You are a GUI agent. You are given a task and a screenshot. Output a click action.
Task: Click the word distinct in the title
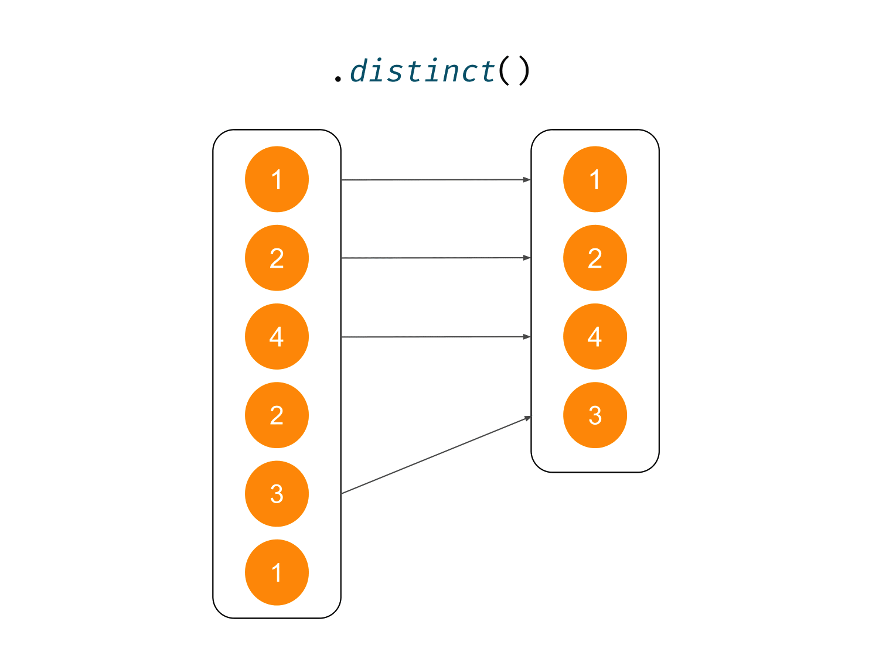pyautogui.click(x=423, y=71)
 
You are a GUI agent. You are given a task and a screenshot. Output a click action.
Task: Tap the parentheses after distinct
pyautogui.click(x=514, y=71)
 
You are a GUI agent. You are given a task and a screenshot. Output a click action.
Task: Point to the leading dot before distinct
pyautogui.click(x=338, y=78)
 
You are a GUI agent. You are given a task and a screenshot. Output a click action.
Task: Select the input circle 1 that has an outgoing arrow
pyautogui.click(x=277, y=179)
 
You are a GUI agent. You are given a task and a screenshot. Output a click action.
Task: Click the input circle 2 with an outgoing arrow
pyautogui.click(x=277, y=258)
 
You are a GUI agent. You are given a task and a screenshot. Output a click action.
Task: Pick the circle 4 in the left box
pyautogui.click(x=277, y=336)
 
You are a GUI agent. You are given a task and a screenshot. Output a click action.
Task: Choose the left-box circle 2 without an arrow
pyautogui.click(x=277, y=415)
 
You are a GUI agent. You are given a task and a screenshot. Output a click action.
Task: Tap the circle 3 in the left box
pyautogui.click(x=277, y=494)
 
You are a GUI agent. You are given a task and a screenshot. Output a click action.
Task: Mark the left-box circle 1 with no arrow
pyautogui.click(x=277, y=572)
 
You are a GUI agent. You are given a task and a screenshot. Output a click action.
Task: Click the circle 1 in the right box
pyautogui.click(x=595, y=179)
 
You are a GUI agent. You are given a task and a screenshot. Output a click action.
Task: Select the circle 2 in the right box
pyautogui.click(x=595, y=258)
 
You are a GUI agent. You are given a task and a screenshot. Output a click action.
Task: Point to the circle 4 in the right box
pyautogui.click(x=595, y=336)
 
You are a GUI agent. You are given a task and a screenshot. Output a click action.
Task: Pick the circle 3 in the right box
pyautogui.click(x=595, y=415)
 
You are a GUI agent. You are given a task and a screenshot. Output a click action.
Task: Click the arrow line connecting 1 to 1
pyautogui.click(x=434, y=180)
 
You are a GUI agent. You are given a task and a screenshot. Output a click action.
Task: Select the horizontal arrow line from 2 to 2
pyautogui.click(x=434, y=258)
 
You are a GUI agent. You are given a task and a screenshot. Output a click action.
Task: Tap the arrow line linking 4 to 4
pyautogui.click(x=434, y=337)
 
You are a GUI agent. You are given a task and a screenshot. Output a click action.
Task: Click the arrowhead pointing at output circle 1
pyautogui.click(x=527, y=179)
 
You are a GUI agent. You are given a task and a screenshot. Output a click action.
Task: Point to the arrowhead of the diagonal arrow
pyautogui.click(x=527, y=418)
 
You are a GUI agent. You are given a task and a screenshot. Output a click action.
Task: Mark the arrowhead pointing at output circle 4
pyautogui.click(x=527, y=337)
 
